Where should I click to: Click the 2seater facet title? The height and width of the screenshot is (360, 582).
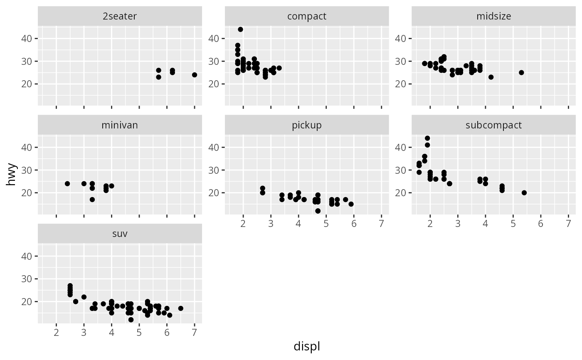tap(120, 17)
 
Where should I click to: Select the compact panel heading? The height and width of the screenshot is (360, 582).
tap(307, 17)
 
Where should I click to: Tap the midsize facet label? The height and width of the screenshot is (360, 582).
tap(494, 17)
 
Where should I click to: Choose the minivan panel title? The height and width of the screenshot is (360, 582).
tap(120, 125)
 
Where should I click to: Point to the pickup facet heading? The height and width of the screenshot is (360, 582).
tap(307, 125)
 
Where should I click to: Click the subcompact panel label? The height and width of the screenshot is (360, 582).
tap(494, 125)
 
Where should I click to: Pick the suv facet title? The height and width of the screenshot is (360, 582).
tap(120, 234)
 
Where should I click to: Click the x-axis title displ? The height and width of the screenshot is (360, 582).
tap(307, 346)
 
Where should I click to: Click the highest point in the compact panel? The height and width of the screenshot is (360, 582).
tap(240, 30)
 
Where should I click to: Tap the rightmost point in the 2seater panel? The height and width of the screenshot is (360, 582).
tap(195, 75)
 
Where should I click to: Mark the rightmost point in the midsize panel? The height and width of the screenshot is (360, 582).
tap(521, 73)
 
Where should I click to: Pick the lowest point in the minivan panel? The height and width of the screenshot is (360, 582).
tap(92, 200)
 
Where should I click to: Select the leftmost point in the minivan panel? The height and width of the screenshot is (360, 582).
tap(67, 184)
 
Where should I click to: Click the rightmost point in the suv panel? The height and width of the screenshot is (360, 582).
tap(181, 308)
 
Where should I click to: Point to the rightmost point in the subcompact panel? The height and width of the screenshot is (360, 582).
tap(524, 193)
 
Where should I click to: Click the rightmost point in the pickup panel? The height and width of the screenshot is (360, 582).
tap(351, 204)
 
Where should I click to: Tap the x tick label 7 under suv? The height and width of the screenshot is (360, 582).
tap(195, 333)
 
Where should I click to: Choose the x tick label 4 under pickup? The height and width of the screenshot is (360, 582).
tap(298, 224)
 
